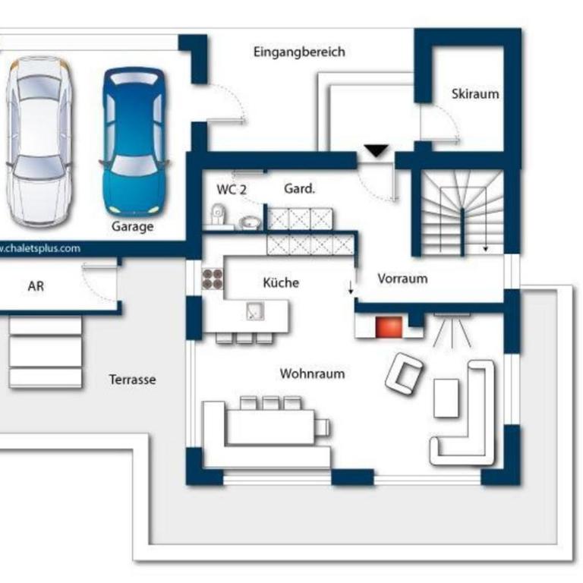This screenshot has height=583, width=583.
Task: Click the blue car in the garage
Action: (x=134, y=141)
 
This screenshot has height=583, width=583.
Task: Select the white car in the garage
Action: (x=39, y=141)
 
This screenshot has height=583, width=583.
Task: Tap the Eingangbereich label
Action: (x=299, y=52)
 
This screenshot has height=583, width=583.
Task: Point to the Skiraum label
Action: (x=475, y=93)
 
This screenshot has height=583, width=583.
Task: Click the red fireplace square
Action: (x=389, y=327)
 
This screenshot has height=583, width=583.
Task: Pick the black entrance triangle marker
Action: (x=377, y=150)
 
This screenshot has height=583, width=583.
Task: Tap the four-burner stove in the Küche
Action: (x=213, y=279)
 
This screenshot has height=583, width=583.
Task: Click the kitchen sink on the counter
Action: (x=255, y=311)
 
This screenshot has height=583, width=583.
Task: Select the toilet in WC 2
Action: (x=219, y=215)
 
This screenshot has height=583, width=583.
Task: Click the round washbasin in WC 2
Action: (x=250, y=222)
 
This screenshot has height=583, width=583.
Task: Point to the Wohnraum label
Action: (x=312, y=373)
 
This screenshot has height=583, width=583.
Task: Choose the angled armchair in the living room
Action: (x=404, y=373)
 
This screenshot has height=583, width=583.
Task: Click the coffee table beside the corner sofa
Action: (x=446, y=398)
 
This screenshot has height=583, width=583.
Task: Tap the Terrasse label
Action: (x=132, y=380)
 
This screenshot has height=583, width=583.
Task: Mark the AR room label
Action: (x=36, y=286)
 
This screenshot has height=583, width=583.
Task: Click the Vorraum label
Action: (x=402, y=279)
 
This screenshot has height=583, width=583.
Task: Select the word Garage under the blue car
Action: (x=132, y=226)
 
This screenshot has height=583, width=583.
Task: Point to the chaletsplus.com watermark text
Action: (x=39, y=248)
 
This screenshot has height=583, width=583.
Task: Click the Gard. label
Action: (x=299, y=189)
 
